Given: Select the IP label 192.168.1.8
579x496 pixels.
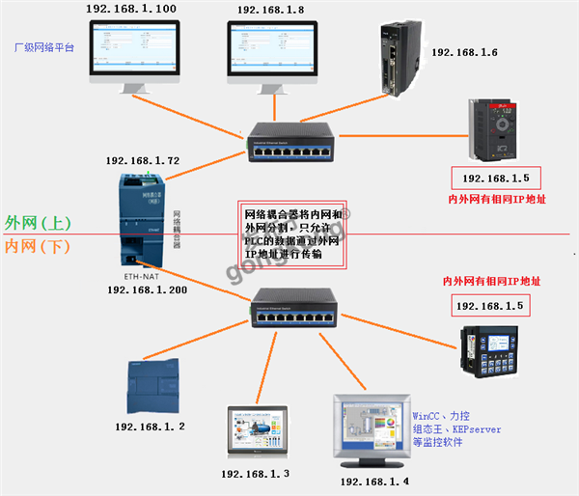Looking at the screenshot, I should click(x=270, y=10).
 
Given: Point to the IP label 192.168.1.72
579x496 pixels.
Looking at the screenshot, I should click(x=143, y=160).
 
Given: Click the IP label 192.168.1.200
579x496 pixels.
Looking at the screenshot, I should click(x=146, y=289).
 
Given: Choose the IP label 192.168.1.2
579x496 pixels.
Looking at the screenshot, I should click(x=150, y=426).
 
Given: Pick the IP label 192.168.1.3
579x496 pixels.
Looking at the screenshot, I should click(x=256, y=474).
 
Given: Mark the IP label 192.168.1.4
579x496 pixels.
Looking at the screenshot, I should click(x=374, y=481).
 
